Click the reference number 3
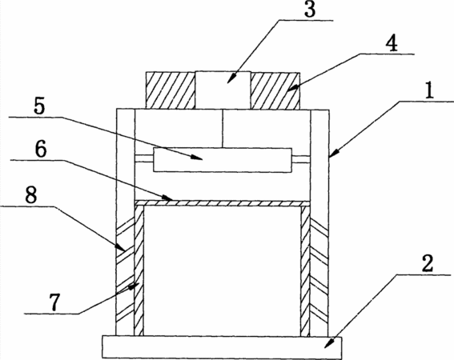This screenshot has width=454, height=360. pyautogui.click(x=310, y=10)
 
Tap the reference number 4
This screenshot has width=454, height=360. pyautogui.click(x=392, y=44)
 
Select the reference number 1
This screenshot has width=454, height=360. pyautogui.click(x=429, y=90)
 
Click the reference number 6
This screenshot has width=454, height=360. pyautogui.click(x=41, y=150)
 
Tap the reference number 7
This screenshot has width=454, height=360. pyautogui.click(x=54, y=302)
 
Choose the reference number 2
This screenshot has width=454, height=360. pyautogui.click(x=427, y=264)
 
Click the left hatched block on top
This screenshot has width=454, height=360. pyautogui.click(x=171, y=90)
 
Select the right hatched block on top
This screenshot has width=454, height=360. pyautogui.click(x=275, y=90)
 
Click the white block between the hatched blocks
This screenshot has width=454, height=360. pyautogui.click(x=223, y=90)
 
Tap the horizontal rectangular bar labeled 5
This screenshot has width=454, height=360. pyautogui.click(x=223, y=160)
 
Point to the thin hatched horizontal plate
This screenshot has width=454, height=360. pyautogui.click(x=223, y=203)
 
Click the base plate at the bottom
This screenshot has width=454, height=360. pyautogui.click(x=222, y=347)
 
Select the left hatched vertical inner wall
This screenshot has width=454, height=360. pyautogui.click(x=139, y=270)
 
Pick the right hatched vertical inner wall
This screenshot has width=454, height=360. pyautogui.click(x=305, y=270)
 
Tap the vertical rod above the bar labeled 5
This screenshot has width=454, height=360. pyautogui.click(x=223, y=129)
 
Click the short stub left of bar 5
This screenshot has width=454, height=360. pyautogui.click(x=144, y=158)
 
